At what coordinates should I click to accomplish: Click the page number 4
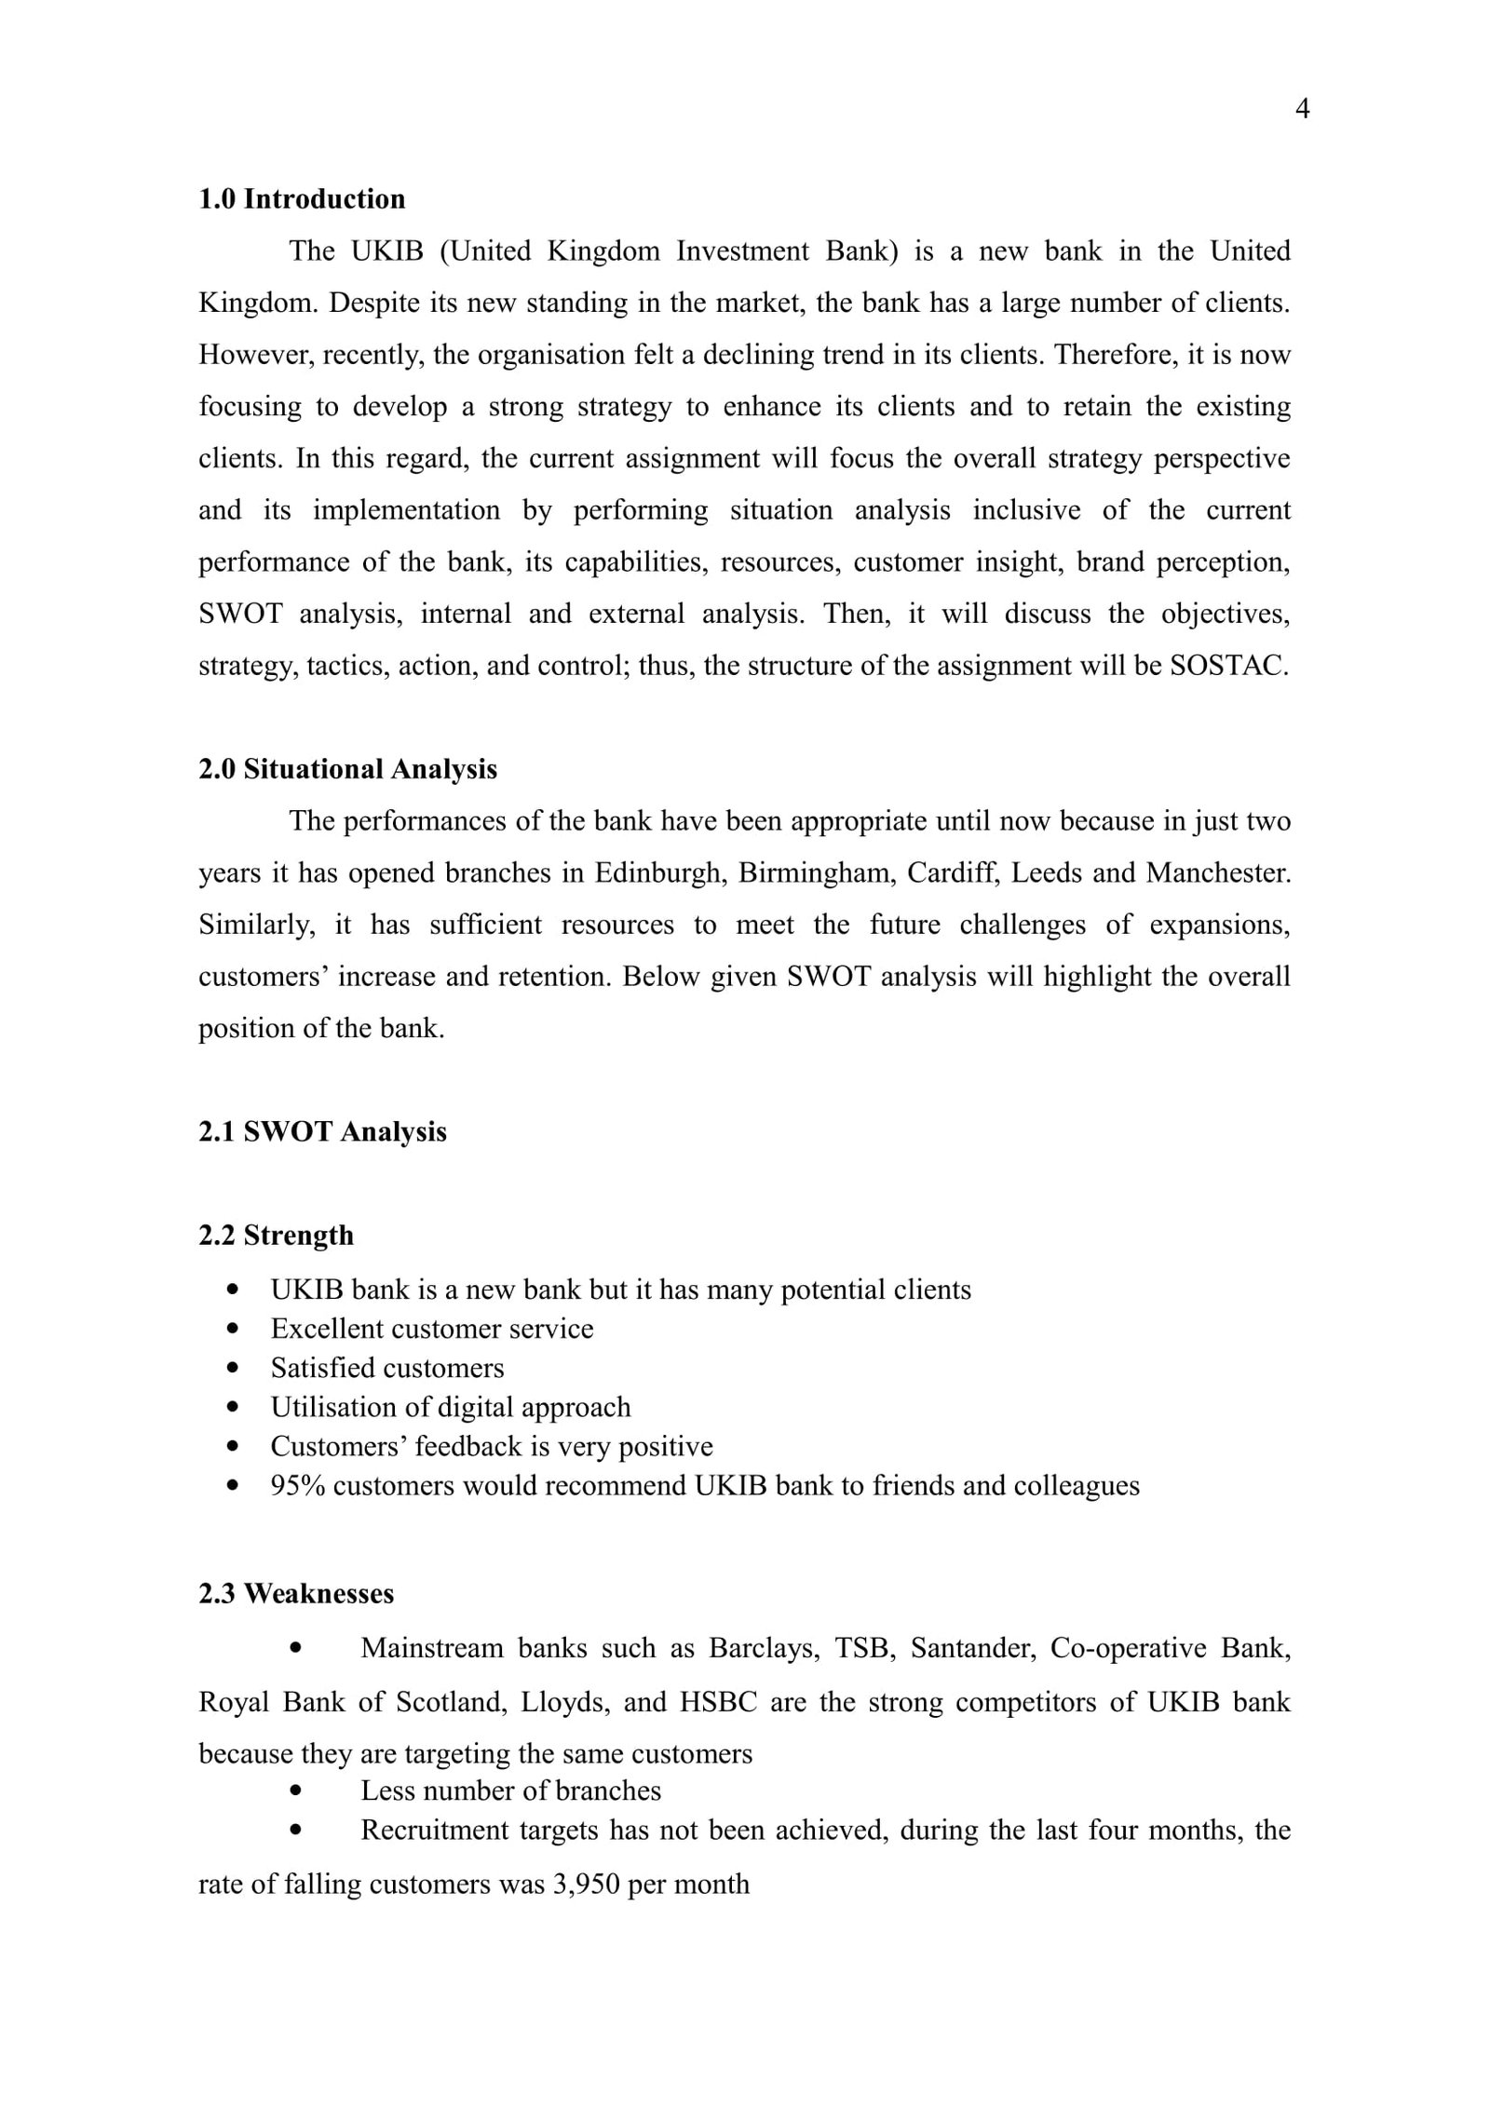tap(1302, 110)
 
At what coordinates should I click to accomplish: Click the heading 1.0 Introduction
tap(302, 199)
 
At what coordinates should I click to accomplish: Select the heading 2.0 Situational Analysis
tap(347, 769)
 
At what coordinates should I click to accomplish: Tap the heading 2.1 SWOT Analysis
tap(322, 1131)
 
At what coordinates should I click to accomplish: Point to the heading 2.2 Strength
tap(276, 1236)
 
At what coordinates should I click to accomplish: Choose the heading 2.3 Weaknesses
tap(296, 1593)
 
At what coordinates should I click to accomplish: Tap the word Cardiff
tap(951, 873)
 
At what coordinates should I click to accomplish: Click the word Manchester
tap(1217, 873)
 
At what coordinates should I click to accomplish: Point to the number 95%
tap(298, 1485)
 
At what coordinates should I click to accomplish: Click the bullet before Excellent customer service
tap(234, 1330)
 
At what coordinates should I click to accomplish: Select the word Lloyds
tap(563, 1702)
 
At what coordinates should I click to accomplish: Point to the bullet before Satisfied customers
tap(234, 1369)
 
